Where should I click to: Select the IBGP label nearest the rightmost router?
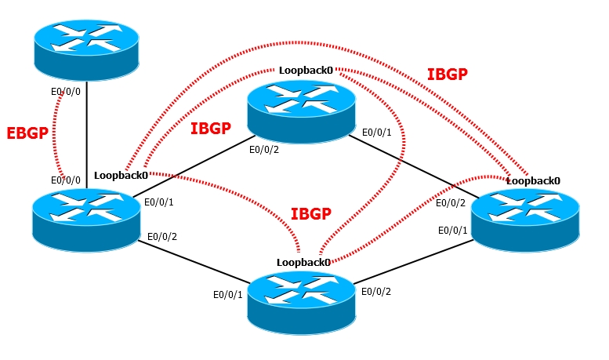coord(448,75)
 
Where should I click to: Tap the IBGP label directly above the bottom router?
coord(310,213)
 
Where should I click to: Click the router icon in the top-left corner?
coord(86,48)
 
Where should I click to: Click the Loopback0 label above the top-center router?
coord(306,71)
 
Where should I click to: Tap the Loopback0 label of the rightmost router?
coord(533,180)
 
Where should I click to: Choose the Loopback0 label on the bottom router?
coord(303,261)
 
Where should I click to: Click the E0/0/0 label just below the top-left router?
coord(65,91)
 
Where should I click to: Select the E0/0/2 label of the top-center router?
coord(264,148)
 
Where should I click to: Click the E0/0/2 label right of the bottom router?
coord(376,292)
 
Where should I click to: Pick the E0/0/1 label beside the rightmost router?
coord(452,230)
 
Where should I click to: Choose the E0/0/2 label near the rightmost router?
coord(451,203)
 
